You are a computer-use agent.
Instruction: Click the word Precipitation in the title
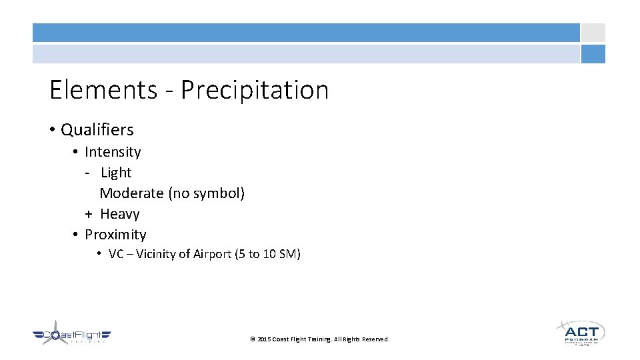pos(255,90)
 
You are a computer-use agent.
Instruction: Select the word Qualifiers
pos(97,130)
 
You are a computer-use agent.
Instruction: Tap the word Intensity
pos(113,152)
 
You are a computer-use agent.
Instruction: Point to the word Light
pos(116,173)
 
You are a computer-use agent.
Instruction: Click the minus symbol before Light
pos(87,173)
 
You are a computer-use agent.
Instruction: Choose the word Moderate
pos(131,193)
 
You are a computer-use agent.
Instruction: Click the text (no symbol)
pos(206,193)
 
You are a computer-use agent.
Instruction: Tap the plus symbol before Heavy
pos(88,214)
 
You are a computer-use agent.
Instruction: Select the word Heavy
pos(120,214)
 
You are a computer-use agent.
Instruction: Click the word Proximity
pos(115,235)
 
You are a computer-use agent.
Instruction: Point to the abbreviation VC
pos(116,254)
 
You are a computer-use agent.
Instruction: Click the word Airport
pos(211,254)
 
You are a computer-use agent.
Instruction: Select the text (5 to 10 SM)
pos(268,254)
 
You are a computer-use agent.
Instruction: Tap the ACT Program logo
pos(581,332)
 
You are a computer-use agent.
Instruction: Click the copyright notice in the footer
pos(319,339)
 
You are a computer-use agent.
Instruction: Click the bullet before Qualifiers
pos(52,130)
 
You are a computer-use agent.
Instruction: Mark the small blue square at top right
pos(593,54)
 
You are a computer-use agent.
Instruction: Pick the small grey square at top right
pos(593,33)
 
